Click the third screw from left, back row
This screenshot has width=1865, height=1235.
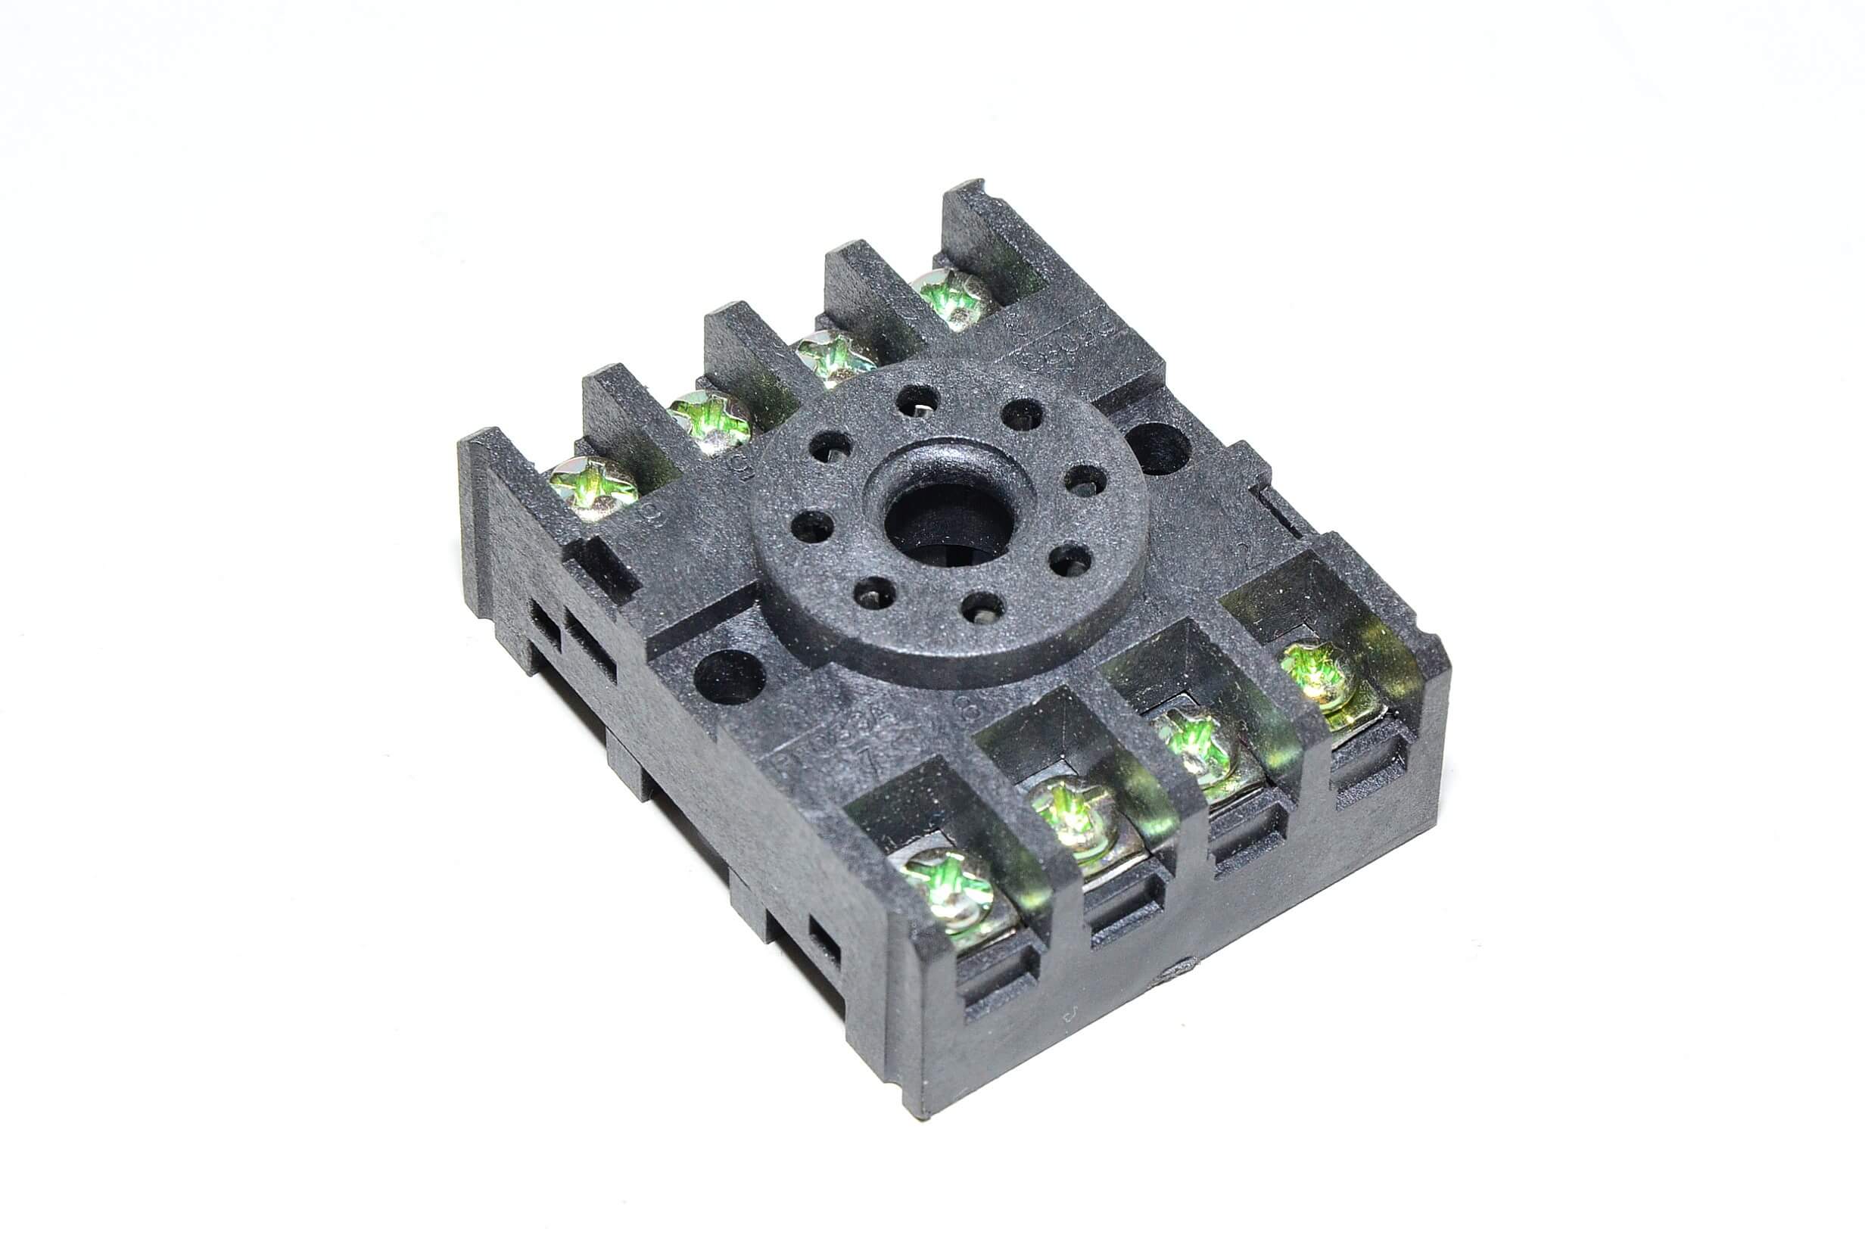pyautogui.click(x=833, y=358)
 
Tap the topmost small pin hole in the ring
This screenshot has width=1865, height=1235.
pyautogui.click(x=915, y=399)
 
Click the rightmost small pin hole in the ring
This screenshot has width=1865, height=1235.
pyautogui.click(x=1085, y=479)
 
